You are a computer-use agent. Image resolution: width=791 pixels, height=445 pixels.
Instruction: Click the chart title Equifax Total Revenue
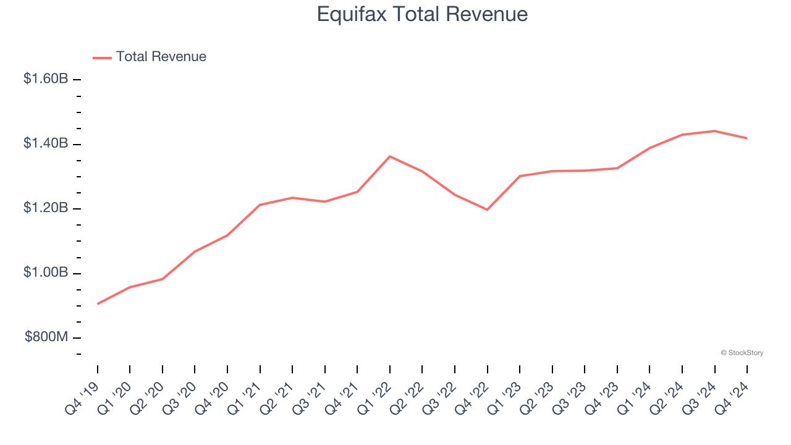click(x=422, y=14)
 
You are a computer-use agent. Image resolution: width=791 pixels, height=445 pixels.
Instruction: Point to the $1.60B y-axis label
click(x=46, y=79)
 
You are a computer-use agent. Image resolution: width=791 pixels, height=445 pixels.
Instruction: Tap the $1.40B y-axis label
click(x=46, y=144)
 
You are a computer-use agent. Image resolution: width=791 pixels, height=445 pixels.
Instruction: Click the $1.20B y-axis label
click(x=46, y=208)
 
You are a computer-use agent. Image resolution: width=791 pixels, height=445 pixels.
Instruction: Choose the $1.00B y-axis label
click(x=46, y=273)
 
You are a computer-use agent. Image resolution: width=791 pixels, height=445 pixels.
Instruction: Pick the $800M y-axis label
click(x=46, y=337)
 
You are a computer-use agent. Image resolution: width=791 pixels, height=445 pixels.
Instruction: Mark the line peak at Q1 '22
click(x=390, y=156)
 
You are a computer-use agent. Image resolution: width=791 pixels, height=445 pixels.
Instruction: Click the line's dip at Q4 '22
click(x=488, y=210)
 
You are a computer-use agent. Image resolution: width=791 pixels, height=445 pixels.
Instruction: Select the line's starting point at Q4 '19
click(x=98, y=303)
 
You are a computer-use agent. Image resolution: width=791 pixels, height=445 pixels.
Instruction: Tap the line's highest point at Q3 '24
click(x=714, y=131)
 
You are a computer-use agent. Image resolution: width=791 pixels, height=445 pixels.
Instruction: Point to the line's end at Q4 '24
click(x=747, y=138)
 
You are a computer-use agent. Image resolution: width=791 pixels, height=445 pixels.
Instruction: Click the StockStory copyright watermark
click(x=742, y=353)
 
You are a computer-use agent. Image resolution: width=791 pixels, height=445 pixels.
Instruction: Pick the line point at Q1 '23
click(x=520, y=176)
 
